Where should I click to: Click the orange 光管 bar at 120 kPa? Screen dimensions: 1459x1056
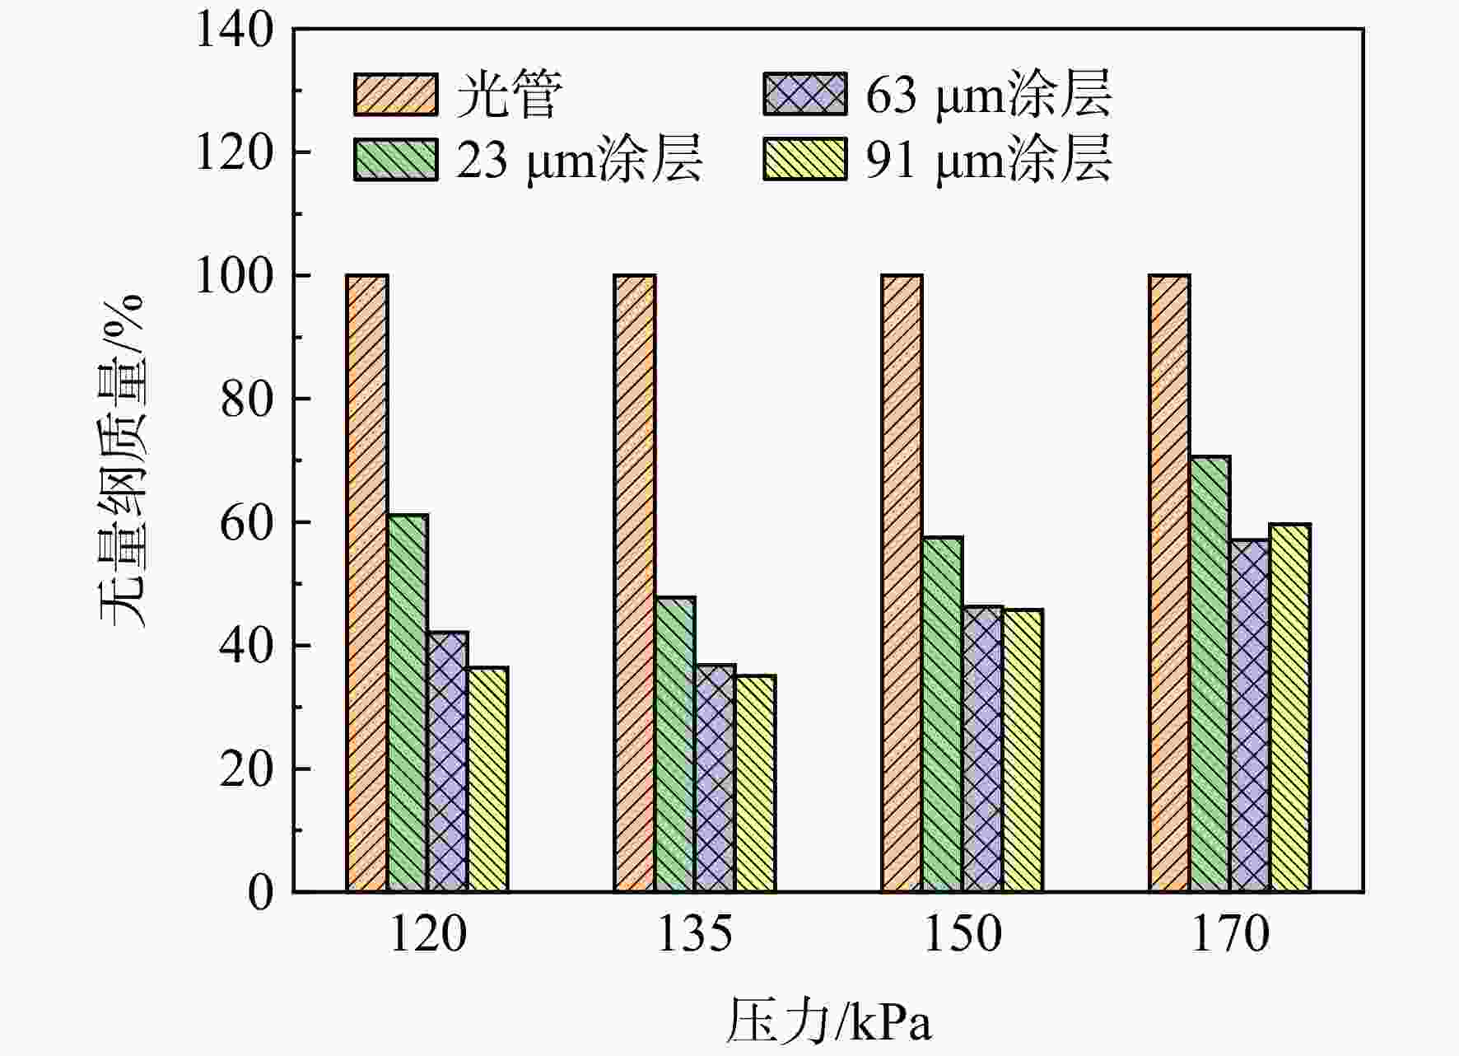(x=367, y=583)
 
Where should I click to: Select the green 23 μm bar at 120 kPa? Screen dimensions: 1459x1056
(x=408, y=703)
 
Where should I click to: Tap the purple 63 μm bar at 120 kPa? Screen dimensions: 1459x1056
(x=448, y=762)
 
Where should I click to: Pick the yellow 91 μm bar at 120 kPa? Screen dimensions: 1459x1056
(x=487, y=779)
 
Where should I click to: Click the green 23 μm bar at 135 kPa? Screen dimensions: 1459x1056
(x=675, y=745)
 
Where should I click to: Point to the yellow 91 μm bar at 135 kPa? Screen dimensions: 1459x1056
(x=755, y=784)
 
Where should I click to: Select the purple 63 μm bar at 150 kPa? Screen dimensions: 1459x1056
(x=983, y=750)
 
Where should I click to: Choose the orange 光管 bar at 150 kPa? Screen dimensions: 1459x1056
(x=902, y=583)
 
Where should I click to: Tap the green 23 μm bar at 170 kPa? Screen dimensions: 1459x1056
(x=1210, y=674)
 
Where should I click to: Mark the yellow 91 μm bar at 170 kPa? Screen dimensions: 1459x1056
(x=1290, y=708)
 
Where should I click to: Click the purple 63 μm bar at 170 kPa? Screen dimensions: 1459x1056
(x=1250, y=716)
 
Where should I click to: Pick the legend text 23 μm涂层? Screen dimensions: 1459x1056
(x=580, y=159)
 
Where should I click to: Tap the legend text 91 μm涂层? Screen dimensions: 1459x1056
(x=989, y=159)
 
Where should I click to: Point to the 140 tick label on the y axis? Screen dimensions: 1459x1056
(x=235, y=30)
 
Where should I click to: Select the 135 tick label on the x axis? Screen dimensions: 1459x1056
(x=695, y=934)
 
